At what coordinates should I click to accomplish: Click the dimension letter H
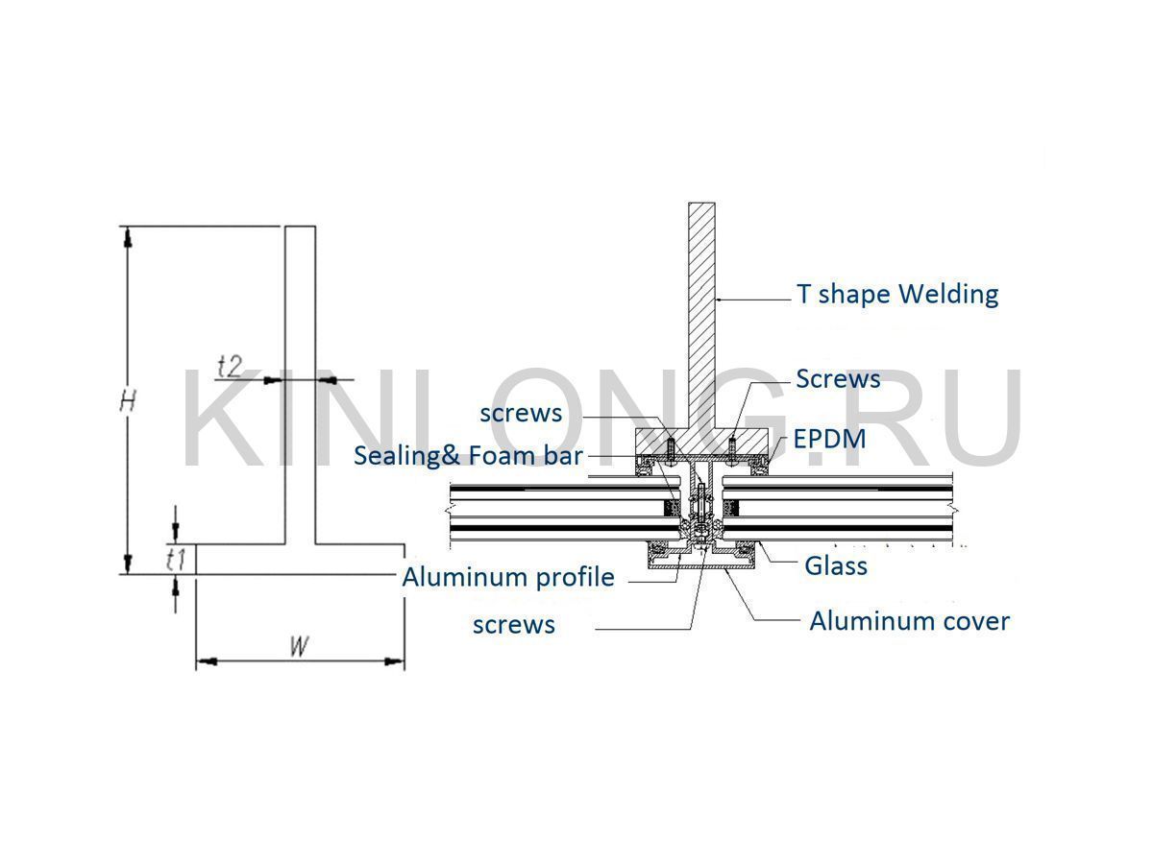click(x=127, y=400)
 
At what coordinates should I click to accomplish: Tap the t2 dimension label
click(x=231, y=366)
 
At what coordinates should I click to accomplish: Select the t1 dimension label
click(x=175, y=559)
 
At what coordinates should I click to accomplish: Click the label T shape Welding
click(x=897, y=294)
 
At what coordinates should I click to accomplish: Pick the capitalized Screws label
click(x=838, y=378)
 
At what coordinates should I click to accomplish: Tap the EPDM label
click(x=829, y=439)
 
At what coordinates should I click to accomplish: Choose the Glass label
click(x=835, y=565)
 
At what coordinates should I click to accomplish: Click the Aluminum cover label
click(x=909, y=621)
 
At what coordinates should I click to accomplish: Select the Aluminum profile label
click(x=507, y=577)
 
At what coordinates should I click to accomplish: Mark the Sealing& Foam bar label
click(x=468, y=455)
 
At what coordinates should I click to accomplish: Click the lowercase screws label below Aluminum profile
click(x=513, y=625)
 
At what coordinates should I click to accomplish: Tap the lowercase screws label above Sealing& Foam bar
click(x=521, y=413)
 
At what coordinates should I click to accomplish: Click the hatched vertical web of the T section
click(x=702, y=307)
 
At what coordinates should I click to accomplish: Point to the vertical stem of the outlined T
click(x=301, y=384)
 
